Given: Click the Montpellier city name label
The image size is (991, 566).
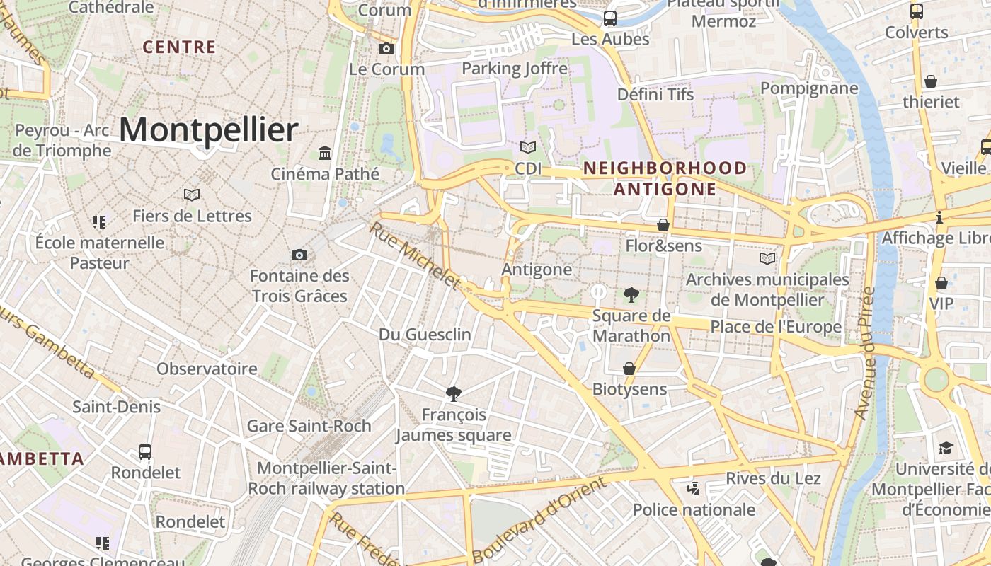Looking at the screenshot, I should click(208, 130).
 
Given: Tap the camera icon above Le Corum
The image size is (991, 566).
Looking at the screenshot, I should click(386, 48).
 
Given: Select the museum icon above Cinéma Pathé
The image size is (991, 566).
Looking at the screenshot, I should click(325, 153).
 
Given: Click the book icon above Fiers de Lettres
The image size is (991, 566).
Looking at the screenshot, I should click(191, 195).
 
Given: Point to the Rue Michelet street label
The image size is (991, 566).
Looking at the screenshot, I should click(415, 256).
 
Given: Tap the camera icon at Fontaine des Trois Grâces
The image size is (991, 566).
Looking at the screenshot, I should click(299, 255).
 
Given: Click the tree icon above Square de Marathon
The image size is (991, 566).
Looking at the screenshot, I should click(631, 294).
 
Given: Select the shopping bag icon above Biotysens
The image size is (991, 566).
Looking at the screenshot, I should click(629, 369).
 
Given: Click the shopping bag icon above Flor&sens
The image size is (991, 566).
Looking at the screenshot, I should click(663, 225).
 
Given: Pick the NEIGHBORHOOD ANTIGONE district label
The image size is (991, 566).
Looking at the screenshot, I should click(665, 178).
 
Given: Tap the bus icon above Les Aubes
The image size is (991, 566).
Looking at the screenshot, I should click(609, 18).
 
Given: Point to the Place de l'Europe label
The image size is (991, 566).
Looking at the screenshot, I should click(776, 327).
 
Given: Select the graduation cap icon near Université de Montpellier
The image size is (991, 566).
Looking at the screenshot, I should click(946, 448).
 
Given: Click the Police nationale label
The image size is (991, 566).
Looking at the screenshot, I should click(694, 509).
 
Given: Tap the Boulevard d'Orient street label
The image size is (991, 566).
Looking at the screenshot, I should click(539, 520).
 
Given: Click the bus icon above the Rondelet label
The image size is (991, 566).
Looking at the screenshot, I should click(145, 451).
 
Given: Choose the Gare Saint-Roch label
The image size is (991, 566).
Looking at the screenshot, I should click(309, 426).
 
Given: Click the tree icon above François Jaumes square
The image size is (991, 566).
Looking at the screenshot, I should click(454, 393).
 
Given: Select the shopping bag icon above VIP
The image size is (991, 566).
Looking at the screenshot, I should click(941, 283).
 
